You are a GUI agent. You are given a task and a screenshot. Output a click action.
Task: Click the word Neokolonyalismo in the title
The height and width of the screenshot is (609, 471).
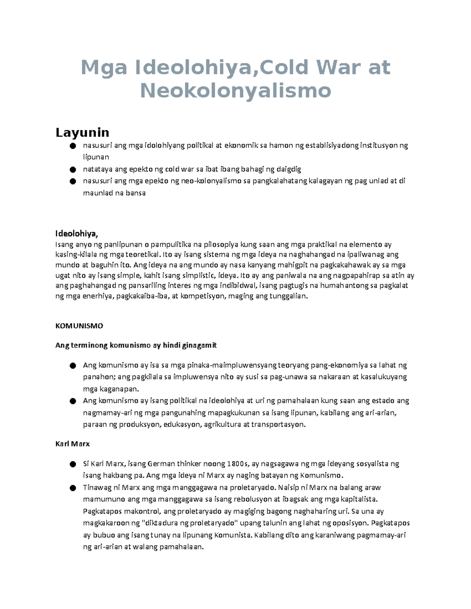[235, 91]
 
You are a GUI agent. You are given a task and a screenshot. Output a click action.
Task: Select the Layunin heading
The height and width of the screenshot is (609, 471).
[82, 133]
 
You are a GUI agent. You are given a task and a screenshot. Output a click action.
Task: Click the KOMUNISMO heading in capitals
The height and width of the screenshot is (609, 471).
[79, 326]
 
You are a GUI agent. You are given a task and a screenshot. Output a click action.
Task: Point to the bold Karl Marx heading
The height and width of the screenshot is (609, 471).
[73, 444]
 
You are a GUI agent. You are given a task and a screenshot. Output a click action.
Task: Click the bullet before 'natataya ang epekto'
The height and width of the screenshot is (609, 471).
[72, 170]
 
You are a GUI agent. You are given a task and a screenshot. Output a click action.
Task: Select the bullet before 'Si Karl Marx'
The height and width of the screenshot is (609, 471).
[72, 464]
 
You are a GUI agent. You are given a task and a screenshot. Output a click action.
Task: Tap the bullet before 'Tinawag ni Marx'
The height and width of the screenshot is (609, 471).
[72, 488]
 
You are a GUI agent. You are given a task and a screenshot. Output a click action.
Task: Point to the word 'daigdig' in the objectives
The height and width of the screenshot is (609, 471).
[289, 169]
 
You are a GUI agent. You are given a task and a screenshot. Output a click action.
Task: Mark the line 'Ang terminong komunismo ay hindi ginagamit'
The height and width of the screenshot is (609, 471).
[136, 345]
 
